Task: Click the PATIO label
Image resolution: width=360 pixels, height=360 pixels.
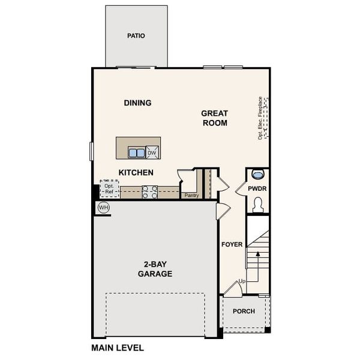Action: (136, 36)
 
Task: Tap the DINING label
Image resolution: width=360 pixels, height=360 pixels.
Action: (137, 103)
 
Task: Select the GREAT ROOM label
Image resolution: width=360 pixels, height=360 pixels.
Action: (214, 118)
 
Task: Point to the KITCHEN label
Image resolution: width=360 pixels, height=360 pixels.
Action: (136, 173)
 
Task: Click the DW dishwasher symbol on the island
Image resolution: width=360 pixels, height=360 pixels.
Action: (152, 152)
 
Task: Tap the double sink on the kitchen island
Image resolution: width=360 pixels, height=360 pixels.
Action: (136, 152)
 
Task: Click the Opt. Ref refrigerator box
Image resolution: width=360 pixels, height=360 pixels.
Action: (109, 189)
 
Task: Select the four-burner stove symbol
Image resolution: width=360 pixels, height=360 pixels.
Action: (150, 191)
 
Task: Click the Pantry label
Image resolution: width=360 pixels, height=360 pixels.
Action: (191, 195)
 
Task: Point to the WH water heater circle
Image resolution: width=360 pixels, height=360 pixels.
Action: (103, 208)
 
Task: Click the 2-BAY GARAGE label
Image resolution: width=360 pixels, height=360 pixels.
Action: (154, 269)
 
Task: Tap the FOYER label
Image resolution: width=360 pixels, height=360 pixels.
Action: (232, 244)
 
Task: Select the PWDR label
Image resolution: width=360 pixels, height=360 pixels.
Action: (257, 189)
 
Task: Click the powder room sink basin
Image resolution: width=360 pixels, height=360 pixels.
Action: (258, 175)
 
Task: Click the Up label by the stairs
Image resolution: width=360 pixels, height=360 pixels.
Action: (242, 281)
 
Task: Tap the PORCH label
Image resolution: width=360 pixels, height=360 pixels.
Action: (244, 311)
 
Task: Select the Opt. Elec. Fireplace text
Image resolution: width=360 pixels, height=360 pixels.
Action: (260, 118)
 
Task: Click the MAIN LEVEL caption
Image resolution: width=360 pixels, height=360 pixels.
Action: (118, 347)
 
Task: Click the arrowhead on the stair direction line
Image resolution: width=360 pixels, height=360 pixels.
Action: (257, 253)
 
